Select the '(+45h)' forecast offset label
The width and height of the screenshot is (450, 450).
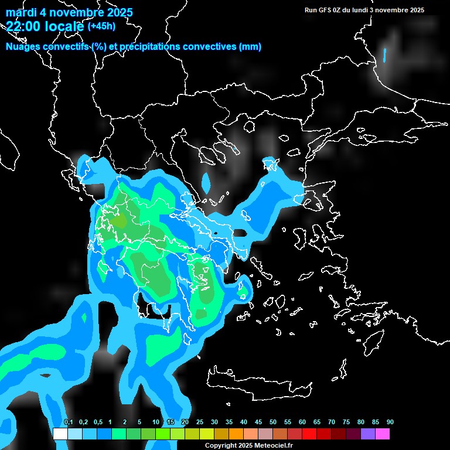click(101, 26)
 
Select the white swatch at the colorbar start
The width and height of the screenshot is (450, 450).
click(60, 434)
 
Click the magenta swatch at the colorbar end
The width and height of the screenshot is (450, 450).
click(383, 434)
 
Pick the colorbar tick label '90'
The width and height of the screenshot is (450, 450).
click(390, 422)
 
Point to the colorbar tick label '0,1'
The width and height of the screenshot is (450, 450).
click(68, 422)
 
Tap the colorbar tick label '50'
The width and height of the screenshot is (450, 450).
click(273, 422)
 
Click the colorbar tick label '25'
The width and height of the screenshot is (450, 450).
click(199, 422)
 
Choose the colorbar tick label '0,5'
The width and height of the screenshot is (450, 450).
click(97, 422)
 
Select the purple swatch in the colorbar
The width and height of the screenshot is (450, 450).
click(368, 434)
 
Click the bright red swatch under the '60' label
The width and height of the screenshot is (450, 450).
click(309, 434)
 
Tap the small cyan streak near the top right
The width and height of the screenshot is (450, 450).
click(385, 55)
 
